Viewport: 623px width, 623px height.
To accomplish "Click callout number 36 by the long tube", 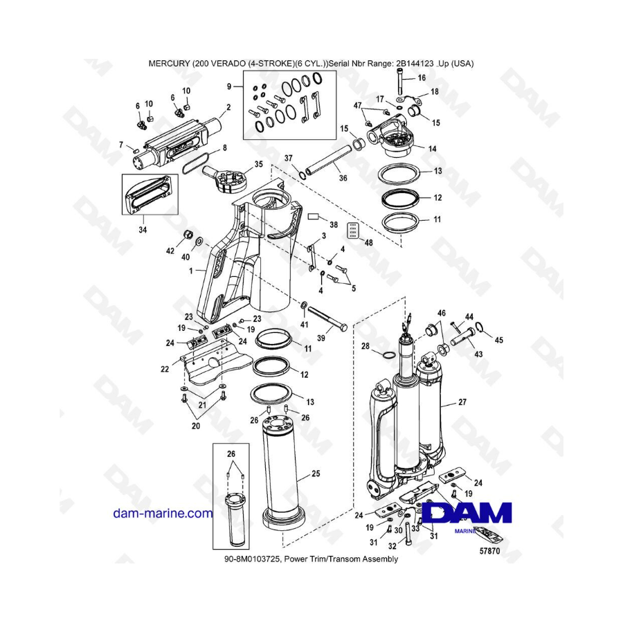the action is coord(343,178).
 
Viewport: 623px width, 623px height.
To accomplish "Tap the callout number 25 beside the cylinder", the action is coord(316,473).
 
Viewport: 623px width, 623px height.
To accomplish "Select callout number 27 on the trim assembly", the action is coord(462,402).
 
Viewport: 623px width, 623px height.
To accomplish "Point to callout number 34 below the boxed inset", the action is coord(143,230).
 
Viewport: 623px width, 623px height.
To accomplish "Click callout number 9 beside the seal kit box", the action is coord(229,87).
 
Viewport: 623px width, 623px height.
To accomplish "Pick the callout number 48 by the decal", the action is coord(368,242).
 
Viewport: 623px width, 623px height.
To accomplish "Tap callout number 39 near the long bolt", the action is coord(321,338).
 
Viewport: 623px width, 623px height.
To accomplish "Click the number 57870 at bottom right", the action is coord(489,551).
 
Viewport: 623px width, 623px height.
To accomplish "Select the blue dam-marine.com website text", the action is coord(163,514).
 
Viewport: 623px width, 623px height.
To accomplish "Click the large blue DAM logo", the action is coord(467,513).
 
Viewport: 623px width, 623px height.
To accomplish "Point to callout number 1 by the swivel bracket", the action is coord(191,271).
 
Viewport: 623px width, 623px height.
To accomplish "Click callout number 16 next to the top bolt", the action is coord(422,78).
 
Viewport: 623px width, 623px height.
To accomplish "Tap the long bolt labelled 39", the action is coord(327,318).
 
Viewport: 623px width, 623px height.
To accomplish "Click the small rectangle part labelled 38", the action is coord(314,217).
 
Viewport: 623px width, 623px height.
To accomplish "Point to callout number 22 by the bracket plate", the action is coord(165,369).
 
